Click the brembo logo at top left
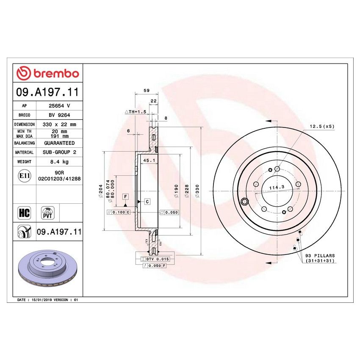point(47,74)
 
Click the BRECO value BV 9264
point(59,115)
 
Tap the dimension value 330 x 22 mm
point(59,125)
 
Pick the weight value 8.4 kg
point(59,162)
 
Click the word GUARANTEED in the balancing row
point(59,143)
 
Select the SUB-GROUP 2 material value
point(59,152)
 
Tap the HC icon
point(24,213)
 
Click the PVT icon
point(47,213)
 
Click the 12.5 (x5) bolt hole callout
point(322,126)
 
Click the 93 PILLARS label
point(320,256)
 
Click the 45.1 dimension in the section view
point(149,161)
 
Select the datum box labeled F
point(125,197)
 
